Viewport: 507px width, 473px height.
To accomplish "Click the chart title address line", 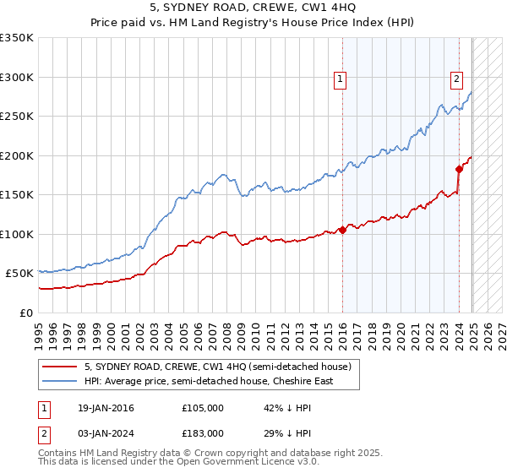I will (x=253, y=8).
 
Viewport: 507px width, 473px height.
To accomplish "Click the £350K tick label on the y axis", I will (x=17, y=38).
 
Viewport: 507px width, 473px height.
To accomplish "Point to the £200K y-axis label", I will (x=17, y=155).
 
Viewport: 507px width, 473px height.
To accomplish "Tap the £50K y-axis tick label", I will (x=19, y=274).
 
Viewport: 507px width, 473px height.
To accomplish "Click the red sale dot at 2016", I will (x=342, y=230).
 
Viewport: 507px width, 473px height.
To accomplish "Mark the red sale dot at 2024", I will (x=459, y=168).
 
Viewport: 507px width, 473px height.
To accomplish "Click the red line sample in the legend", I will (x=59, y=367).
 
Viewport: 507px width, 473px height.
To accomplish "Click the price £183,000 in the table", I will (x=202, y=432).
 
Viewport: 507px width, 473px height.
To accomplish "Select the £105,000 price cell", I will (x=202, y=408).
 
